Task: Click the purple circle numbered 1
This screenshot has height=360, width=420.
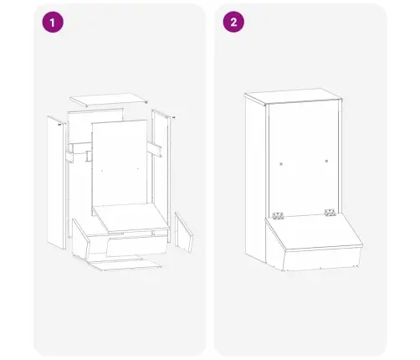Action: (53, 22)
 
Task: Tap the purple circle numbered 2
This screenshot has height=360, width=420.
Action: (233, 22)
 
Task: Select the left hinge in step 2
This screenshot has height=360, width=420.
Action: (278, 215)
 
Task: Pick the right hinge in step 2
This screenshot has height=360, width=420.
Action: (330, 212)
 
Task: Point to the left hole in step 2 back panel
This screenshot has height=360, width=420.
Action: (281, 164)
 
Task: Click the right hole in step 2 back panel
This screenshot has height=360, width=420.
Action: (326, 161)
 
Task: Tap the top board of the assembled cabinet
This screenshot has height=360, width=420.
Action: (293, 96)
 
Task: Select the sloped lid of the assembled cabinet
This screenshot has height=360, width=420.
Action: (314, 231)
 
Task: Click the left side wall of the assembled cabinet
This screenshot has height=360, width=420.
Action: (255, 178)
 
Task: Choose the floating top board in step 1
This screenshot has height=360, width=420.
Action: (109, 100)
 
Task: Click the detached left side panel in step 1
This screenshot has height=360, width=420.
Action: (57, 183)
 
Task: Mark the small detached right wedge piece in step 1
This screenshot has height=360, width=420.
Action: (184, 232)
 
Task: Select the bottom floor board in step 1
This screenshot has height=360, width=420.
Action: (124, 265)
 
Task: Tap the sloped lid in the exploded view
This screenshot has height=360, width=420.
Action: (131, 219)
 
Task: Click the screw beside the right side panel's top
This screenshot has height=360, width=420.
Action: (174, 117)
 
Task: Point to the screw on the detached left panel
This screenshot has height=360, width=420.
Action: (59, 125)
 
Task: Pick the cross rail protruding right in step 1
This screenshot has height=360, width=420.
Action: (155, 149)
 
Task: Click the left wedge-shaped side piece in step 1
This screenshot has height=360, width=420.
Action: (81, 238)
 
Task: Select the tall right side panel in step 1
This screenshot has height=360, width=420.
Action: (161, 176)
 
